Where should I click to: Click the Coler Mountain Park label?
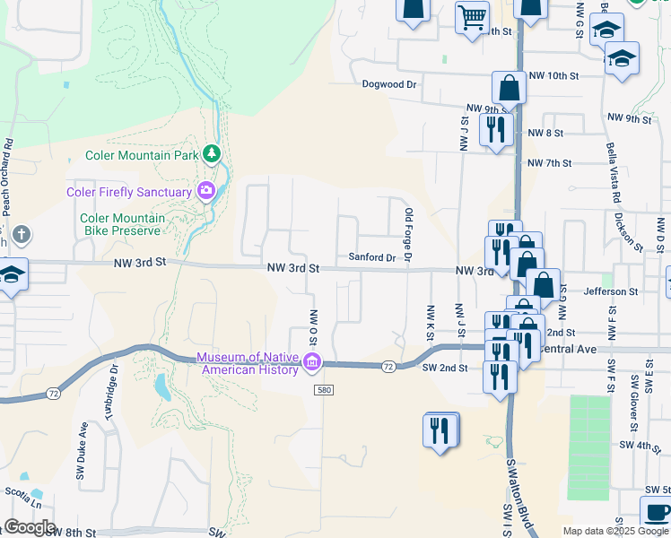tap(141, 155)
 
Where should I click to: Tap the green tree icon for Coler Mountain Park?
tap(212, 154)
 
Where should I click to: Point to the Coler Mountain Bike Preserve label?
tap(122, 224)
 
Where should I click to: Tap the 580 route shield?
tap(325, 390)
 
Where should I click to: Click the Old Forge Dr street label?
tap(408, 236)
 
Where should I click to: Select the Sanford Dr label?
tap(371, 257)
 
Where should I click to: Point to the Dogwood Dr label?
tap(389, 84)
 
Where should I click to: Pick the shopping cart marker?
tap(472, 16)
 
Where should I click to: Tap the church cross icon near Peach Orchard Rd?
tap(22, 236)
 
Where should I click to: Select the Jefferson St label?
tap(610, 291)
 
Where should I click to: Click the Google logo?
tap(29, 527)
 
